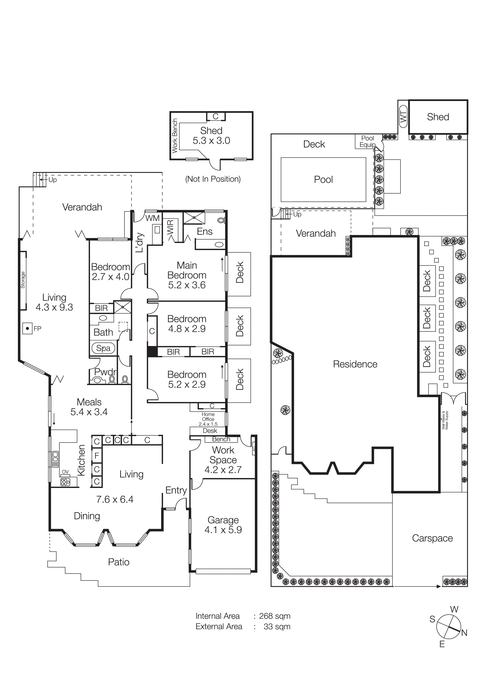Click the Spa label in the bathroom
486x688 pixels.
(x=103, y=348)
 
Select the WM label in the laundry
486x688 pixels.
(x=152, y=218)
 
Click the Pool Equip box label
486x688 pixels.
(x=367, y=141)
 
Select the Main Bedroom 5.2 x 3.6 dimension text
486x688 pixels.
(x=187, y=285)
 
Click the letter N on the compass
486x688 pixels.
(x=464, y=633)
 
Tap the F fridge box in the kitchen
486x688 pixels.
(x=97, y=456)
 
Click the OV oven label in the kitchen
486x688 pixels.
(x=65, y=472)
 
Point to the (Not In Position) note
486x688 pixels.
(x=213, y=179)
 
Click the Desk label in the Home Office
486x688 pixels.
(x=210, y=431)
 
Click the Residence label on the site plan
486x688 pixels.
(x=355, y=364)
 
